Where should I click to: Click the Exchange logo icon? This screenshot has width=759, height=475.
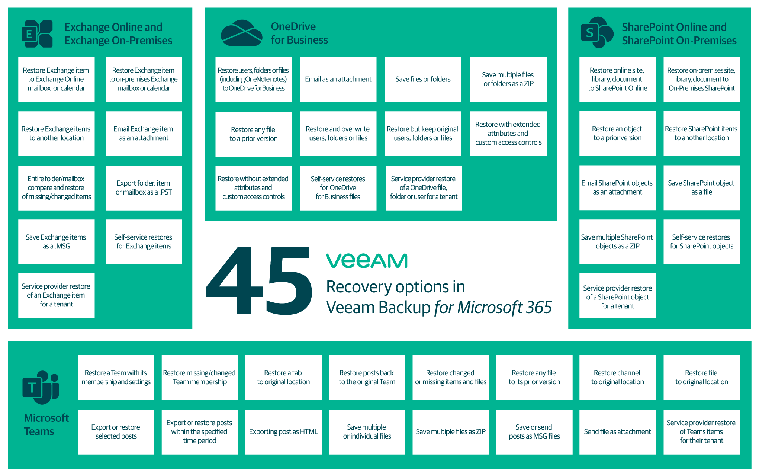tap(37, 34)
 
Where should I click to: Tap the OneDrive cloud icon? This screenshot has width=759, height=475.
tap(242, 33)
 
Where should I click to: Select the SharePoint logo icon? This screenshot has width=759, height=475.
tap(597, 33)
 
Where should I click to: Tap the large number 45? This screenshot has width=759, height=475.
tap(259, 281)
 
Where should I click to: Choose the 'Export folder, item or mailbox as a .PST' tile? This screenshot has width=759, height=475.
tap(144, 188)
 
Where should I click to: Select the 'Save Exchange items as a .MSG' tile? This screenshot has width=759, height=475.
tap(56, 242)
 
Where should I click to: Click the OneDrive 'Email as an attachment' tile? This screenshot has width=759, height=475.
tap(338, 79)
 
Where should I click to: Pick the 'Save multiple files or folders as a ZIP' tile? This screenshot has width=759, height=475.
tap(508, 79)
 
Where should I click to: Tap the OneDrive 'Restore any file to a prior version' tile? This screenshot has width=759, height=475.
tap(253, 134)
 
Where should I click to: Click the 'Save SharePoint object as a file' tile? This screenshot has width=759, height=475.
tap(701, 188)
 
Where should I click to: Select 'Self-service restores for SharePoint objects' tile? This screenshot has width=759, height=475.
tap(701, 242)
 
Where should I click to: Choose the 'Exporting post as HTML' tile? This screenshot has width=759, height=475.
tap(283, 432)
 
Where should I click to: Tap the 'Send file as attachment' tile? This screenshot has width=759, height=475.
tap(617, 432)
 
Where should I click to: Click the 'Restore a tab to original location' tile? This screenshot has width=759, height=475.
tap(283, 378)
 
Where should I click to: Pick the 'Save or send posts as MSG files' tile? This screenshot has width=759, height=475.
tap(534, 432)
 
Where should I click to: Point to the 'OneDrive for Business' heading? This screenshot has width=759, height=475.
tap(299, 33)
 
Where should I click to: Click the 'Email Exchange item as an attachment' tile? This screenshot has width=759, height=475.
tap(144, 134)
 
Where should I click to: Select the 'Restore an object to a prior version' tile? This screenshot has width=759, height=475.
tap(617, 134)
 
